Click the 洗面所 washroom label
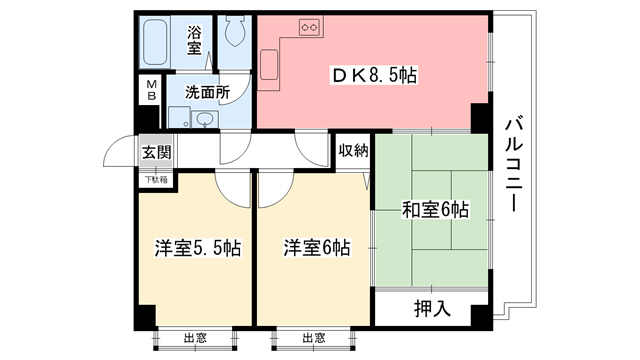[x=206, y=91]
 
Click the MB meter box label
[x=151, y=91]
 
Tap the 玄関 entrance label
[x=155, y=152]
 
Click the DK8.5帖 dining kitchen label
[x=375, y=76]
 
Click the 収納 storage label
[x=353, y=152]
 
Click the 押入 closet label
[x=432, y=307]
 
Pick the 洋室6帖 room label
[x=315, y=247]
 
